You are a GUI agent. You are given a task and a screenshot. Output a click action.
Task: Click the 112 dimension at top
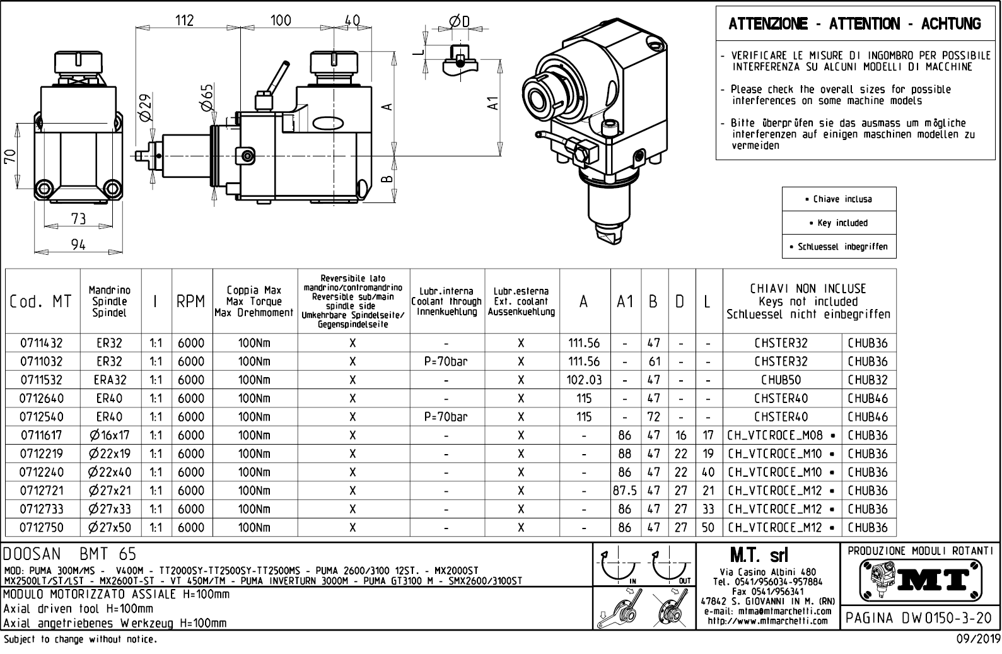[184, 20]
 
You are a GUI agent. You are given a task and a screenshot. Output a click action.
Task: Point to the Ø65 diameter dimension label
[207, 97]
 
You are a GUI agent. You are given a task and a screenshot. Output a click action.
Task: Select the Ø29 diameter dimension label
[145, 108]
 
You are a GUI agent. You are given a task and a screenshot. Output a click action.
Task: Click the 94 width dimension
[78, 245]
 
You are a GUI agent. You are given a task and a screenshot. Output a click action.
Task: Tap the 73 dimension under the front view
[78, 219]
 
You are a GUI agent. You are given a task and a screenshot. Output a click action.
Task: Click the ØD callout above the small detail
[460, 21]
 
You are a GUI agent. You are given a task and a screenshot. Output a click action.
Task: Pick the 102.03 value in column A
[584, 380]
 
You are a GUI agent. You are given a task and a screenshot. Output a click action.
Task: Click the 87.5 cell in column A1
[624, 491]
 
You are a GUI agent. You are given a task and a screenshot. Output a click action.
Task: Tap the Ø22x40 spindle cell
[110, 472]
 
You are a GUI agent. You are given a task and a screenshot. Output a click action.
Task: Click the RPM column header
[191, 302]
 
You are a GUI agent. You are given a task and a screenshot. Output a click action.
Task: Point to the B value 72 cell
[654, 417]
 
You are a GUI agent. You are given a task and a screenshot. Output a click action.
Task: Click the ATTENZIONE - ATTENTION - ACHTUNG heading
[854, 24]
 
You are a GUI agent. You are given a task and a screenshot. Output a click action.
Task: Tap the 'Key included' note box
[839, 223]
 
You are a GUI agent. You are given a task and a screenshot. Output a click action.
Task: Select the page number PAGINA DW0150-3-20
[921, 617]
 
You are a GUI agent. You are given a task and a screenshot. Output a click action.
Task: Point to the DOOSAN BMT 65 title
[70, 554]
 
